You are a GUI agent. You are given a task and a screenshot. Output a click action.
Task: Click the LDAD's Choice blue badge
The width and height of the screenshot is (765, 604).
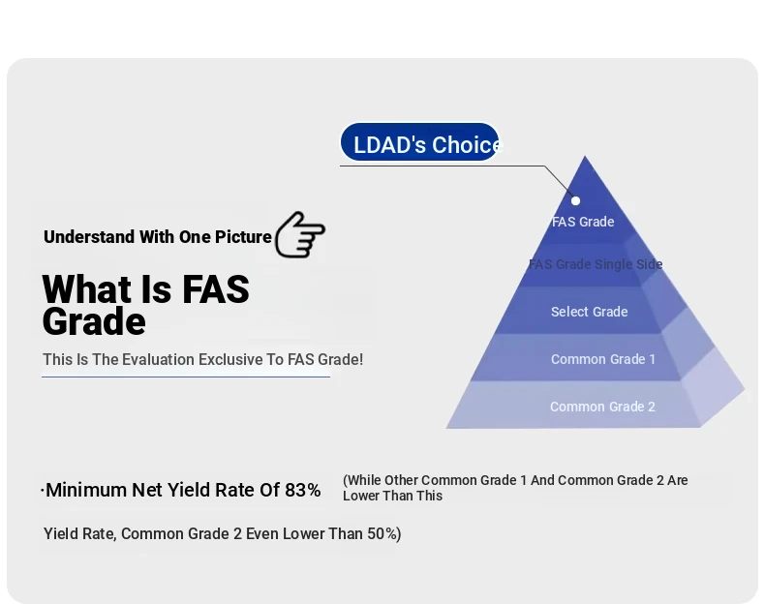click(419, 142)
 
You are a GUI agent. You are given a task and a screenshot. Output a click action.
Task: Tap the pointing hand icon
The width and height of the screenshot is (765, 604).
click(300, 234)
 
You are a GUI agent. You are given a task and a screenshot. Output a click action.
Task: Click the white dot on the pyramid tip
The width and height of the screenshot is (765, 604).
click(576, 200)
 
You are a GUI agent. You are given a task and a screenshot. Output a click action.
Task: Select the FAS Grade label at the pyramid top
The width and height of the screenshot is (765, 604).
click(583, 222)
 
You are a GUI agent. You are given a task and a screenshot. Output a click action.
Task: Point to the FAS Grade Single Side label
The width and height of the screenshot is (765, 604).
click(596, 264)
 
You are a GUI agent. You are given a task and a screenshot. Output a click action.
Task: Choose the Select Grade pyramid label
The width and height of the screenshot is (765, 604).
click(590, 312)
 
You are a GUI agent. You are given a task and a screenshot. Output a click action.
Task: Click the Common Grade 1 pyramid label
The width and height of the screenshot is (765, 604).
click(603, 359)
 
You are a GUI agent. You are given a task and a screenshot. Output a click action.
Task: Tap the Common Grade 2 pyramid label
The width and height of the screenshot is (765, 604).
click(602, 407)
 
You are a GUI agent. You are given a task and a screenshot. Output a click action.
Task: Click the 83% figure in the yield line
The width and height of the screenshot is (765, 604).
click(302, 490)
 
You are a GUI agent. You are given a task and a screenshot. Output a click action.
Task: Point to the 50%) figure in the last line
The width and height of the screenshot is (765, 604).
click(384, 533)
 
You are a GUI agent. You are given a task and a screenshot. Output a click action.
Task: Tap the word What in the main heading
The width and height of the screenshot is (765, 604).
click(87, 289)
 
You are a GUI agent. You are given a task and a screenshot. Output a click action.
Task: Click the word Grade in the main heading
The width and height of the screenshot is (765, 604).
click(94, 321)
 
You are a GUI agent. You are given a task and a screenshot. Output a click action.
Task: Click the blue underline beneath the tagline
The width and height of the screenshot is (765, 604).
click(186, 377)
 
